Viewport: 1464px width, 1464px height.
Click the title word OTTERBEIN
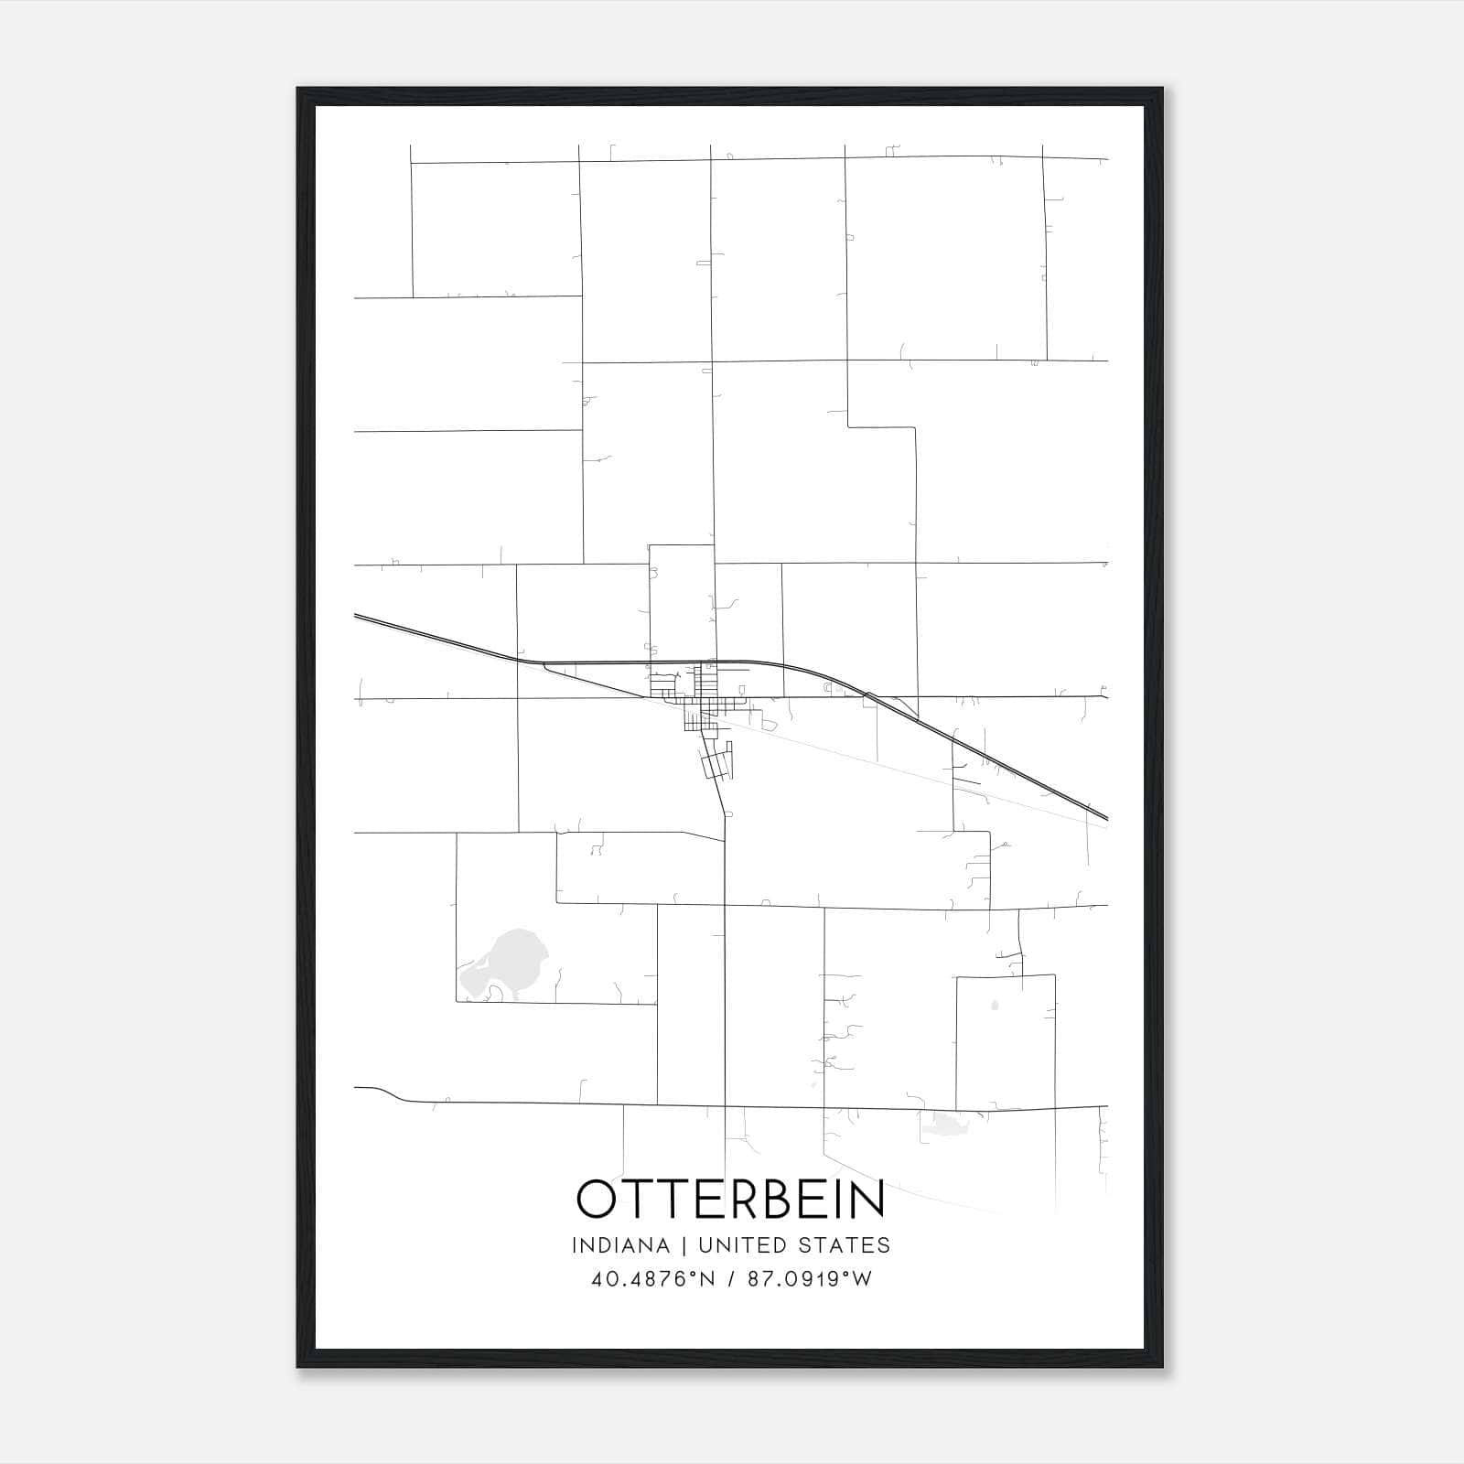click(x=731, y=1199)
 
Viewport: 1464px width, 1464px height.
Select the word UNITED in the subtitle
click(x=742, y=1245)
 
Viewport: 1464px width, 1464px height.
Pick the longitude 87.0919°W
click(x=810, y=1279)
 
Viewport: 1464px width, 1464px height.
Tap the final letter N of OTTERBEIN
click(x=868, y=1199)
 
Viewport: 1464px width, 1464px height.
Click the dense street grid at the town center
click(x=700, y=695)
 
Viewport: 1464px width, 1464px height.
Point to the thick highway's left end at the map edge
click(x=357, y=616)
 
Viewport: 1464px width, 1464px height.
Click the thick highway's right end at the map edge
click(x=1105, y=817)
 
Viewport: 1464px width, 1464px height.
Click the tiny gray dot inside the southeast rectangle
click(x=995, y=1006)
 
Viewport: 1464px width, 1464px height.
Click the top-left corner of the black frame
click(x=299, y=90)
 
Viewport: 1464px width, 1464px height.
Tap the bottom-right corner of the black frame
click(x=1161, y=1366)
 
